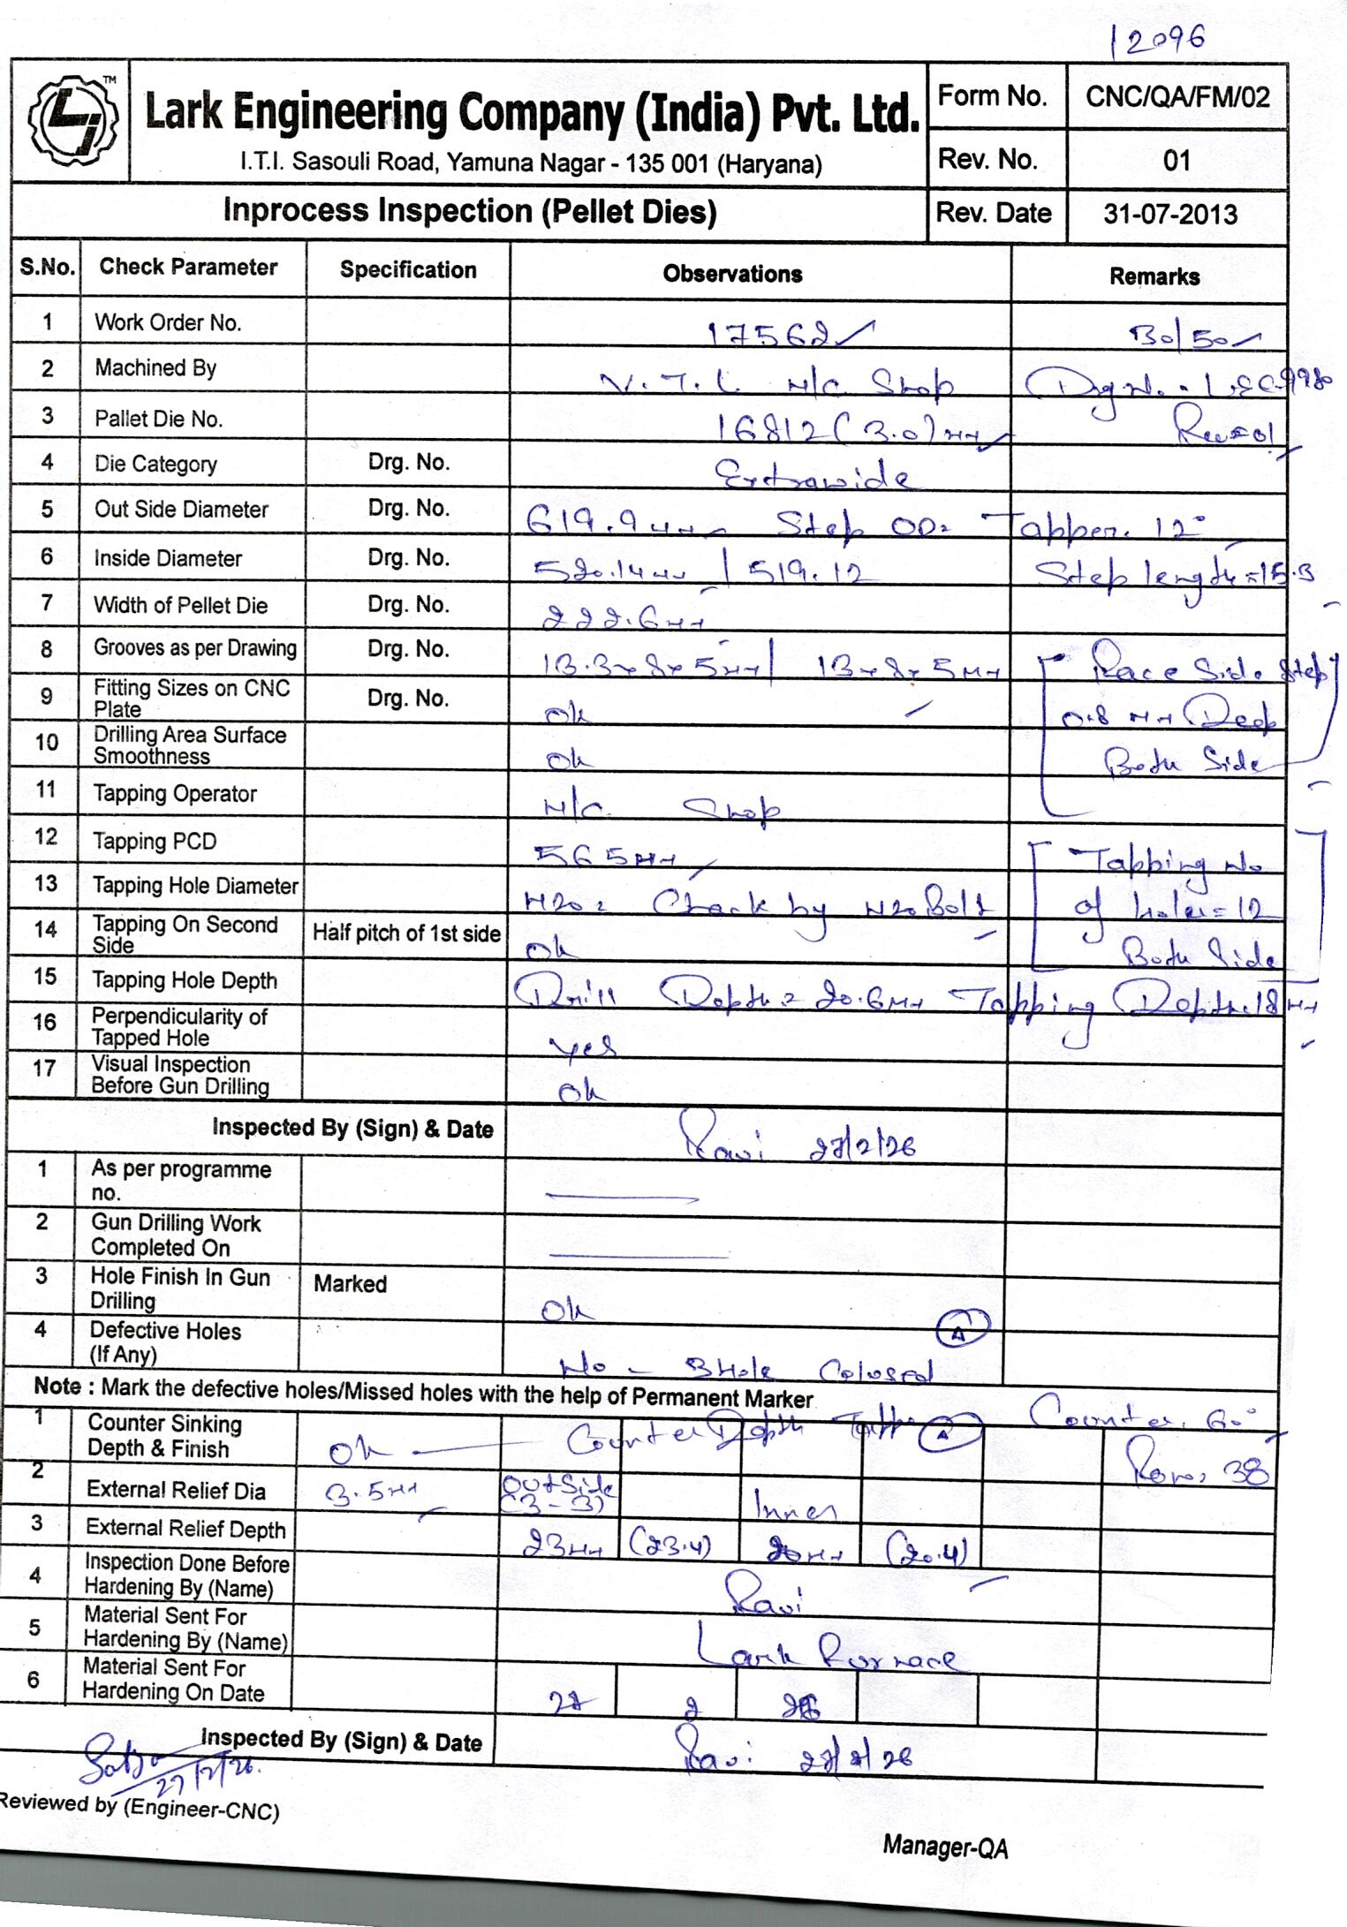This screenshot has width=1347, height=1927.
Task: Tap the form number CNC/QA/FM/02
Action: click(1177, 96)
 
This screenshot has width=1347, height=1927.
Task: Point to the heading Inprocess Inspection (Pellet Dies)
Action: click(469, 211)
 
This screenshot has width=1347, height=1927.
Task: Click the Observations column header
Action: click(732, 274)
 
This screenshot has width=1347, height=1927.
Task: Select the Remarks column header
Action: click(1154, 276)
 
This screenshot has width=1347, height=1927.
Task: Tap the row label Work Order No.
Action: click(168, 322)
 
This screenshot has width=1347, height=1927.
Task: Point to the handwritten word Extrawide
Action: click(810, 477)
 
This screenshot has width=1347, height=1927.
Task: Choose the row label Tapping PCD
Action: click(155, 841)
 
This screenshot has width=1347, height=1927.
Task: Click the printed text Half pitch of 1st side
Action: click(406, 933)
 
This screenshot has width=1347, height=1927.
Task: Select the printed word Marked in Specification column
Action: click(350, 1283)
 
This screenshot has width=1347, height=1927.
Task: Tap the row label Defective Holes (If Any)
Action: click(164, 1342)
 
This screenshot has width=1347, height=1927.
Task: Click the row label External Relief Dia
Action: click(175, 1491)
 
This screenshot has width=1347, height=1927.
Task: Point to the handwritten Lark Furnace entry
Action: click(825, 1652)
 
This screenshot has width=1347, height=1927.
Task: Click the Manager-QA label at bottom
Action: click(944, 1847)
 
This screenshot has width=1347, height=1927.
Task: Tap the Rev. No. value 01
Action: click(1177, 160)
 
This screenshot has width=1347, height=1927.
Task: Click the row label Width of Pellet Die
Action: click(180, 605)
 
